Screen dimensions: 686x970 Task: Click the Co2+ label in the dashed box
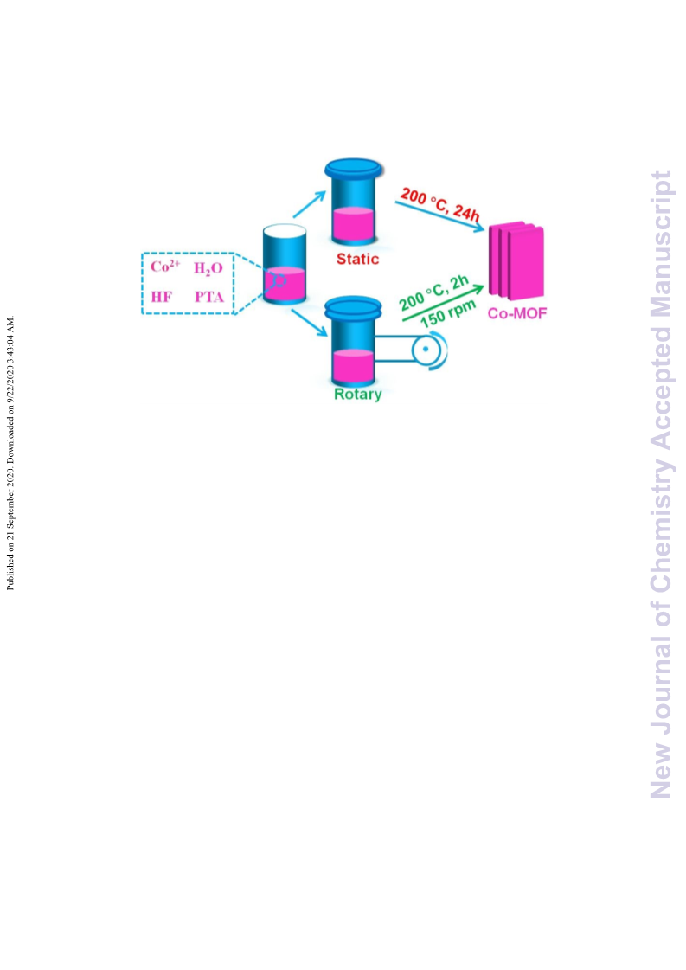click(165, 267)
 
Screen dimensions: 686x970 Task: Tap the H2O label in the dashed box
click(208, 268)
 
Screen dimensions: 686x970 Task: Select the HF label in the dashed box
click(162, 297)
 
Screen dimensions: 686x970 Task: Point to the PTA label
click(209, 297)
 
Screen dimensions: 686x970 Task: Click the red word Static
click(357, 259)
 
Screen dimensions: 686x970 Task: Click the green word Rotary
click(357, 394)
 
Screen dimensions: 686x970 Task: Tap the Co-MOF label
click(517, 313)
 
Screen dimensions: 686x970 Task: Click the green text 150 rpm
click(448, 314)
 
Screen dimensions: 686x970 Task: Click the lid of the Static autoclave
click(353, 168)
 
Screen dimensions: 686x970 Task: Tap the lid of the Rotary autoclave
click(353, 307)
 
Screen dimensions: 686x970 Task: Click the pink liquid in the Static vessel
click(353, 224)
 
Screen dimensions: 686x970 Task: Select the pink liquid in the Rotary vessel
click(353, 366)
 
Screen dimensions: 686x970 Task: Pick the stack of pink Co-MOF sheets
click(516, 261)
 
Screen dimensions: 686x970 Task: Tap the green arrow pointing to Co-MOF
click(443, 303)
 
